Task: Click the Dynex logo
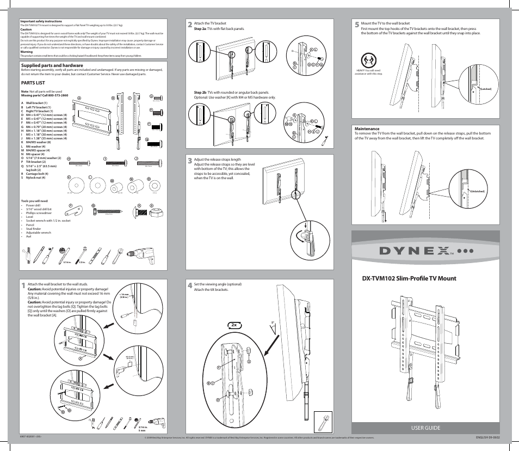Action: [424, 252]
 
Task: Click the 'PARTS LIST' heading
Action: [33, 83]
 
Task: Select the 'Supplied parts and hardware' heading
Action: [47, 65]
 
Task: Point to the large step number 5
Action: [356, 25]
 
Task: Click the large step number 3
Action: [189, 161]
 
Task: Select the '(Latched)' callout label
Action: [485, 88]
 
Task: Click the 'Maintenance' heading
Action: [366, 129]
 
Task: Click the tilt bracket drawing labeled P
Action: [76, 209]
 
